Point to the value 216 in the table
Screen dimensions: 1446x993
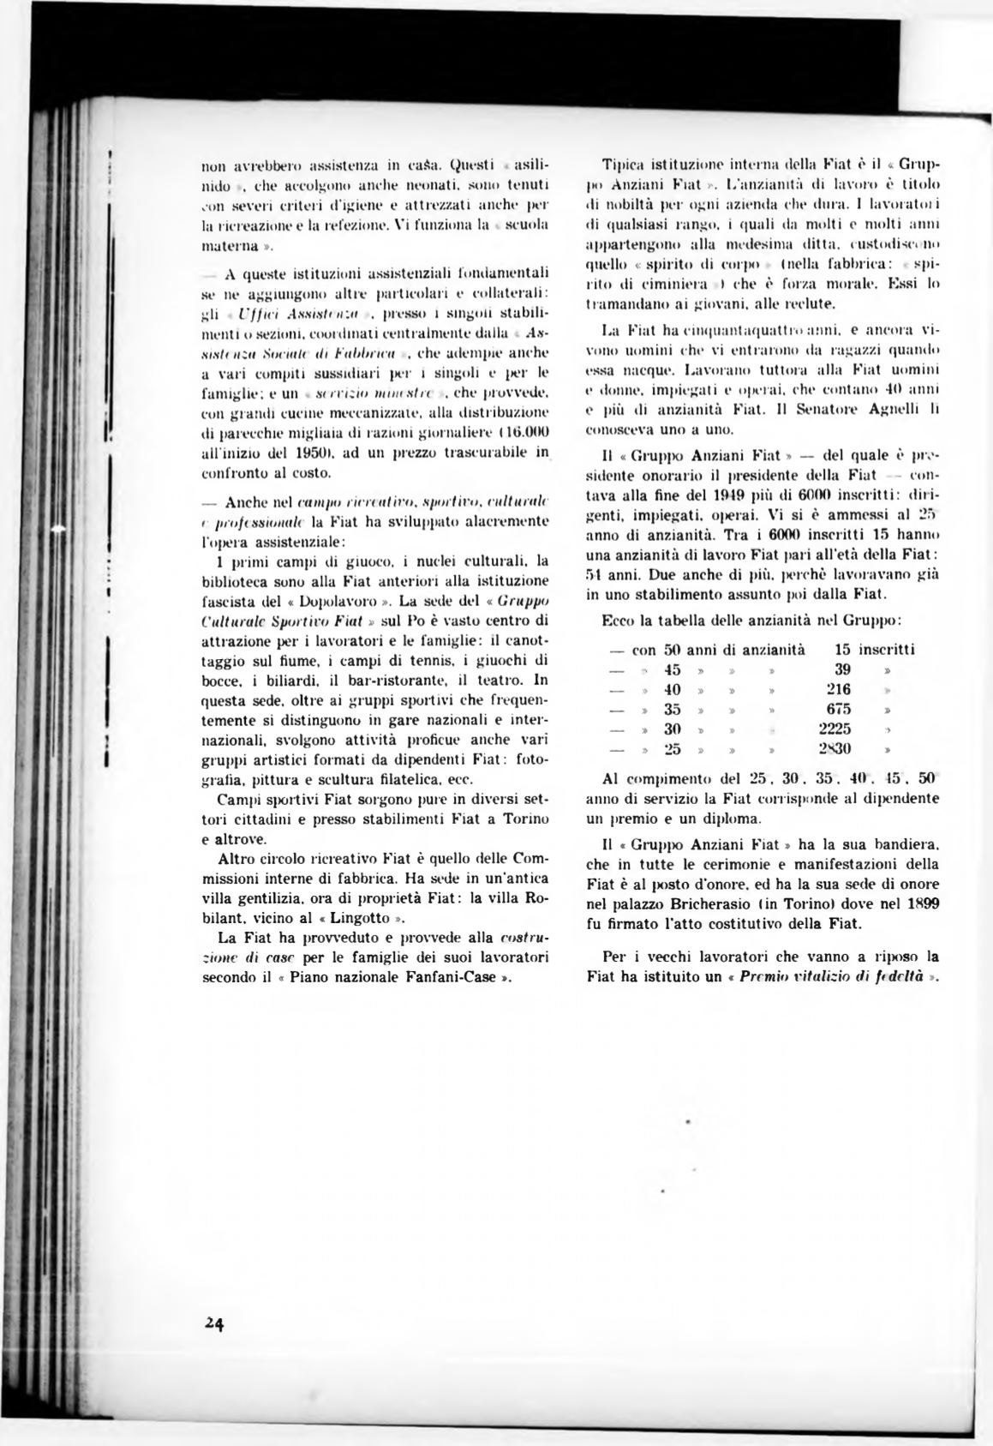[x=838, y=689]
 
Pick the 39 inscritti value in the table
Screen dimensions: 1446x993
[x=842, y=669]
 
